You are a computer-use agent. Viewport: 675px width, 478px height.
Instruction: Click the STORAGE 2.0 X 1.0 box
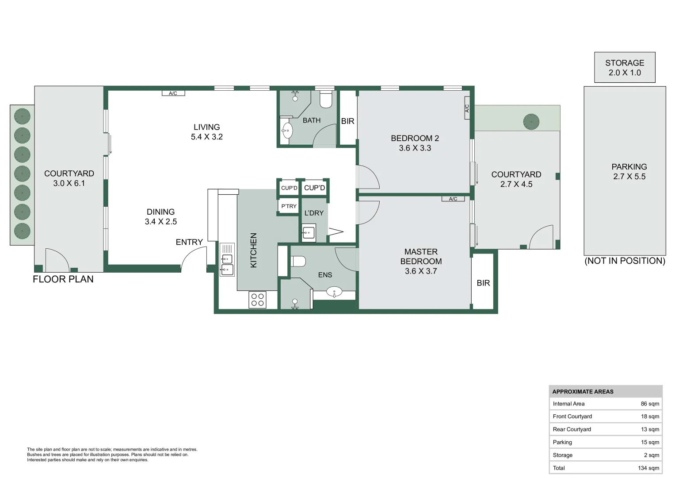(624, 68)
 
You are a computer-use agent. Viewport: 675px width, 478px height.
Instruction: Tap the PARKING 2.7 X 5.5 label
(629, 172)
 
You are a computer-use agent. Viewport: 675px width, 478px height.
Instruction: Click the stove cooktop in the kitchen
(257, 300)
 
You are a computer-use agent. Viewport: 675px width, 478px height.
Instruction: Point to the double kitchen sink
(227, 264)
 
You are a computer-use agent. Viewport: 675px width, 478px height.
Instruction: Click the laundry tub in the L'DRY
(309, 232)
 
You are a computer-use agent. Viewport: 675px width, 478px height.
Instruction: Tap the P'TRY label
(289, 206)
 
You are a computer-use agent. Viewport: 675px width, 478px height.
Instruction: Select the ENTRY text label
(189, 242)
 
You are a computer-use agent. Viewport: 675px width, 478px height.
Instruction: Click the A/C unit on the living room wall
(173, 93)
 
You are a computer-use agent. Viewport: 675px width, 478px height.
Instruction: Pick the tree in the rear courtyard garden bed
(531, 122)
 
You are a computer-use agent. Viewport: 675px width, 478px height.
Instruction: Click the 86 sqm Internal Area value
(649, 404)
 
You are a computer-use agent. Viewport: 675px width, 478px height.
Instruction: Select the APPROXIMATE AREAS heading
(583, 392)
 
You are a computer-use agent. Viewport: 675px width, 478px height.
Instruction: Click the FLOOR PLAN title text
(63, 279)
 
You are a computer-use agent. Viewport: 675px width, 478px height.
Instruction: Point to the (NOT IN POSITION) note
(624, 261)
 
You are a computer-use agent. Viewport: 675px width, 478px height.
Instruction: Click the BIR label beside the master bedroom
(483, 283)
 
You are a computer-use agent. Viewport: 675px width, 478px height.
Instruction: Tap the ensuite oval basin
(334, 292)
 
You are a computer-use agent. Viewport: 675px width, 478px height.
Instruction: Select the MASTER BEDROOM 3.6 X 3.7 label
(421, 261)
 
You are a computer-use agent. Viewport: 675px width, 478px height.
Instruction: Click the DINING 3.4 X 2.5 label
(160, 217)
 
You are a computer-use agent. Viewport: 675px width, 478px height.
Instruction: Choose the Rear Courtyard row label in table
(572, 429)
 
